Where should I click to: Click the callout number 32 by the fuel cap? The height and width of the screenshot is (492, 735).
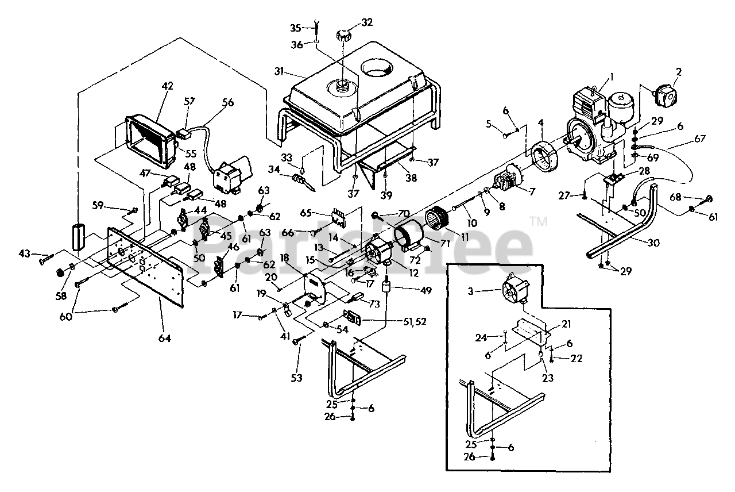tap(367, 23)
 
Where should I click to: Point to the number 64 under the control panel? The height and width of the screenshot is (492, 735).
tap(165, 339)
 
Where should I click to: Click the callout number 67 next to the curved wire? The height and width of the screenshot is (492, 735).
tap(699, 139)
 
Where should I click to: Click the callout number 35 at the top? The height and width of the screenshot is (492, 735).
tap(296, 28)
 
